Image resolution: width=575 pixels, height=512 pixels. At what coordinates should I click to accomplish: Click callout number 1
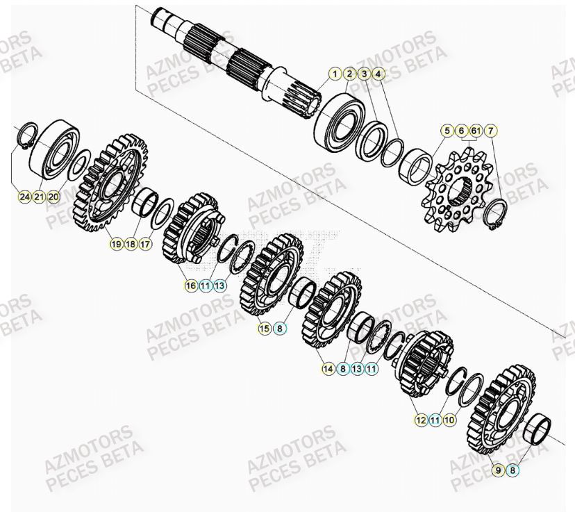[335, 74]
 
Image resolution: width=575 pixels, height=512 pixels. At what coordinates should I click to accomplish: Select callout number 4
[378, 74]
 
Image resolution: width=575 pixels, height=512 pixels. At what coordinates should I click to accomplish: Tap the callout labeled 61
[476, 131]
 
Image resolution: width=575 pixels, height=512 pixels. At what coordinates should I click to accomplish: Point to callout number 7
[491, 131]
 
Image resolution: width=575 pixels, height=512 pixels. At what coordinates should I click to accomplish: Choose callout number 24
[24, 197]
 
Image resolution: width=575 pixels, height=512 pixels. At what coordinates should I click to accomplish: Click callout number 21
[39, 197]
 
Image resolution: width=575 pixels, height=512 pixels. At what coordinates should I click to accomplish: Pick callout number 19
[116, 244]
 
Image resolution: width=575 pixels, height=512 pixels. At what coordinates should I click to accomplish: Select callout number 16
[190, 286]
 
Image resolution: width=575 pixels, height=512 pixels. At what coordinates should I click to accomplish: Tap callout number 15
[265, 328]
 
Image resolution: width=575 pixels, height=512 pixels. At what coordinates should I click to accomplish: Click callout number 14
[328, 369]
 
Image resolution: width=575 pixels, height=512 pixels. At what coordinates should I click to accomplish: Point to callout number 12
[421, 420]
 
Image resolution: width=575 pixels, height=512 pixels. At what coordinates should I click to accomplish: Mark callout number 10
[450, 420]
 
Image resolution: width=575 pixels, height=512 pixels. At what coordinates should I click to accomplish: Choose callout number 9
[498, 470]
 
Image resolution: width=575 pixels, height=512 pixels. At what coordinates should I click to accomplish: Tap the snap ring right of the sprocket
[499, 211]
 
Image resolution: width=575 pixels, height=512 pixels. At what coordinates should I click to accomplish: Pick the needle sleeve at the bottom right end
[540, 428]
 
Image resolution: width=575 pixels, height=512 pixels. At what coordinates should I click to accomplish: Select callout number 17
[145, 244]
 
